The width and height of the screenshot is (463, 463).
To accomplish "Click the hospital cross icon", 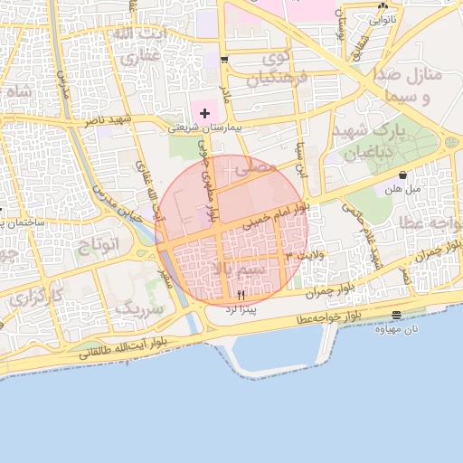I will point(205,113).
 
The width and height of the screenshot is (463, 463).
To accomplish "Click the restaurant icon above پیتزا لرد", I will point(241,296).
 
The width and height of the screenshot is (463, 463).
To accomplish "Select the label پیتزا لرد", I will point(241,310).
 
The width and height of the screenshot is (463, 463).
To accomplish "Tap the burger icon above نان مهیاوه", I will point(397,314).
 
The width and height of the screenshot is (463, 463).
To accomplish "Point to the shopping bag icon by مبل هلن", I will point(402,175).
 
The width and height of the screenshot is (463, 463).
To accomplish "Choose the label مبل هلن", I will point(402,189).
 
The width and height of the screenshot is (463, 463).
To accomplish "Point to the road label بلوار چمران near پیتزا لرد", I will point(327,291).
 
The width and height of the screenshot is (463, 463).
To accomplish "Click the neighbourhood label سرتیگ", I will point(141,308).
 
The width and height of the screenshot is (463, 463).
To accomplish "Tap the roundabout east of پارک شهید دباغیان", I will point(449,142).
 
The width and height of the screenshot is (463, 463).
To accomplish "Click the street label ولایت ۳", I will point(298,259).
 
